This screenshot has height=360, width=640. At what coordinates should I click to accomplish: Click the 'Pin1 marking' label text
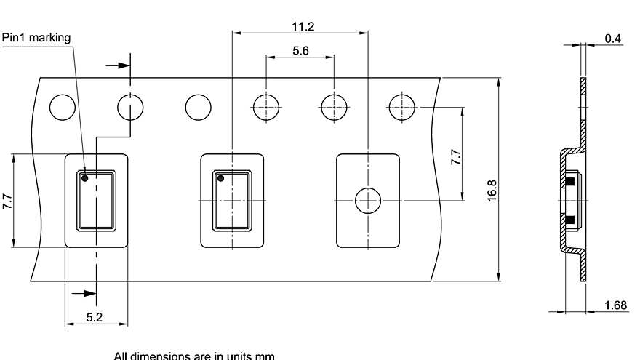pos(37,38)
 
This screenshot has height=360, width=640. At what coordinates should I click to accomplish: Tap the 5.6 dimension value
pos(300,52)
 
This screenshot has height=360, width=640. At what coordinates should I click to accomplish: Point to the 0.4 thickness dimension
pos(613,39)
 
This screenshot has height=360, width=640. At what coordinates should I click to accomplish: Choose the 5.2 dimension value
pos(95,317)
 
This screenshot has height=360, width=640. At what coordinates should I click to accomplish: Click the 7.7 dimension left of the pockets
pos(7,201)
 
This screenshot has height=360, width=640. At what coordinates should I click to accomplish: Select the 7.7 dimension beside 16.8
pos(455,158)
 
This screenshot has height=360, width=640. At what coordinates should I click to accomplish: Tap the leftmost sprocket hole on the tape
pos(62,107)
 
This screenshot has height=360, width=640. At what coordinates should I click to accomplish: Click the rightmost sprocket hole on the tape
pos(401,107)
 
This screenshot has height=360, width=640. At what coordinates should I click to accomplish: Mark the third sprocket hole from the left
pos(198,107)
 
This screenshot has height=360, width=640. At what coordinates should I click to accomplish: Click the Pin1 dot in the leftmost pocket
pos(85,177)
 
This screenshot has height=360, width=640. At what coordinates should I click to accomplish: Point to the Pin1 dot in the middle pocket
pos(220,177)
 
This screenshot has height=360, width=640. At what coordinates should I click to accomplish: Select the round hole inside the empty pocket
pos(368,200)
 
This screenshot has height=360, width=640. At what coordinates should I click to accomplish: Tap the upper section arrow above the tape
pos(116,65)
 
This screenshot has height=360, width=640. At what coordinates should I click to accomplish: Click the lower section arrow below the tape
pos(85,294)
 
